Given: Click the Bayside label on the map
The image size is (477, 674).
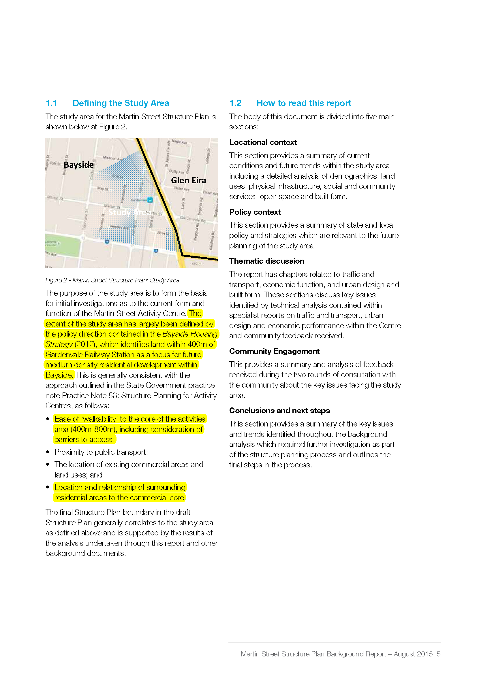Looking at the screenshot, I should click(79, 165).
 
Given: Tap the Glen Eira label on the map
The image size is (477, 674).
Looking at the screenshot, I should click(188, 180).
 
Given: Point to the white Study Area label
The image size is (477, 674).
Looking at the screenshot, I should click(129, 212).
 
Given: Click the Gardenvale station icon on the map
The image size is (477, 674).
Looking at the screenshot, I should click(150, 200).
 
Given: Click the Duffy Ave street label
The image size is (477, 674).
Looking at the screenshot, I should click(176, 172).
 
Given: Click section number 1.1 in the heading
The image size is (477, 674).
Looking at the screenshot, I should click(51, 103).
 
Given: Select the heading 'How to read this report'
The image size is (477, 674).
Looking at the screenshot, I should click(304, 103).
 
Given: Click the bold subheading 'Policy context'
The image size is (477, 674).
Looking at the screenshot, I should click(255, 212).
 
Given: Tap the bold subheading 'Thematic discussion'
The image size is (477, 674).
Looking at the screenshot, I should click(267, 261).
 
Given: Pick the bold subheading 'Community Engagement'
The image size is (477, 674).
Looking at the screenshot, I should click(274, 351).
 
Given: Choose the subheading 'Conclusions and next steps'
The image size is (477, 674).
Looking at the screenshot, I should click(279, 410).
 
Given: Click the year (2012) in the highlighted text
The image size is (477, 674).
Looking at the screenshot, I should click(85, 344).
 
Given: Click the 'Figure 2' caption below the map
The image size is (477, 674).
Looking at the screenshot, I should click(56, 280).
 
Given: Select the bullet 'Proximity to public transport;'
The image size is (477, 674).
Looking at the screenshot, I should click(101, 452).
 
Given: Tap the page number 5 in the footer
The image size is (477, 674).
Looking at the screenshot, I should click(439, 654).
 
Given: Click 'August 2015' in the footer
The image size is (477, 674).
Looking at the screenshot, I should click(413, 654).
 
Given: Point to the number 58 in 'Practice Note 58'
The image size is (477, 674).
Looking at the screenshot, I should click(113, 395).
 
